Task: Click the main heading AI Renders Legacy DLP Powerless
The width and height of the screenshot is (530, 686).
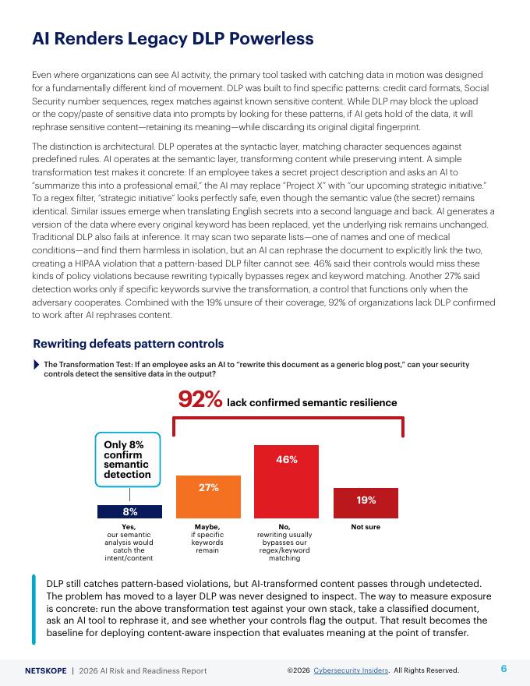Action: pos(173,38)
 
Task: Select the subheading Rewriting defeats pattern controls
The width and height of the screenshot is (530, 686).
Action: pos(129,344)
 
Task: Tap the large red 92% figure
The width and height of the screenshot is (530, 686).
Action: pos(200,400)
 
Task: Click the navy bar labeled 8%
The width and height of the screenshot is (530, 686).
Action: pos(129,511)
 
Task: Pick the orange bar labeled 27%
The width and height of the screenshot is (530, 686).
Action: pos(208,497)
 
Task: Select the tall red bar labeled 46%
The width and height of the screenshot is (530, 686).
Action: pos(287,481)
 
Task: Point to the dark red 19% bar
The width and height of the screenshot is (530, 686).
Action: pos(366,503)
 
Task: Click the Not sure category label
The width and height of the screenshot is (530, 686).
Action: pos(366,528)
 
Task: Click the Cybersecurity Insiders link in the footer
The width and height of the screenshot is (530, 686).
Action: pos(356,670)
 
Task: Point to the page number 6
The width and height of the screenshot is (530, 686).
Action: pos(503,669)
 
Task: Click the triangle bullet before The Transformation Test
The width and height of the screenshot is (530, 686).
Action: pos(37,365)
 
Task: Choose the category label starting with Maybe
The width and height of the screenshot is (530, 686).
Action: pos(207,539)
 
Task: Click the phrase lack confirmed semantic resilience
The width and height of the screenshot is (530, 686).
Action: pos(312,403)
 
